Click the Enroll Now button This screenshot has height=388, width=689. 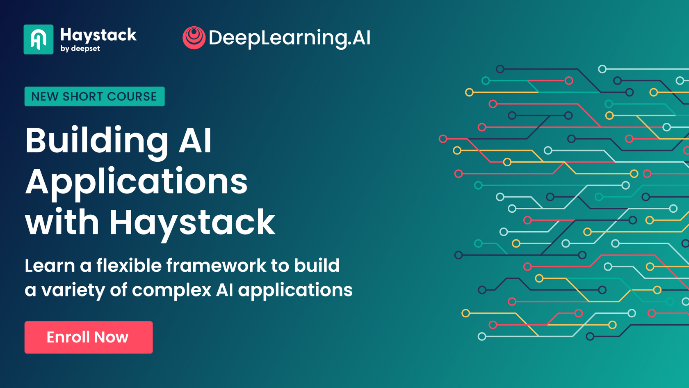pos(89,337)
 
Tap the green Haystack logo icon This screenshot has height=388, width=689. pos(39,39)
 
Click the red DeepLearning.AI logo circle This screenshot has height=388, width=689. pos(194,38)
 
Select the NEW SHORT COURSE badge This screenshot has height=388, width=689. pos(94,96)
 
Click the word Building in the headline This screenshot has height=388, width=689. pos(97,141)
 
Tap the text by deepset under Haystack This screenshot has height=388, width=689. pos(80,48)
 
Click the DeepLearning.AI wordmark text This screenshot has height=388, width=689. pos(290,38)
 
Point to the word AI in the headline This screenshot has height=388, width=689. pos(195,141)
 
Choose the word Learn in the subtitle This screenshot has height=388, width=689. pos(50,266)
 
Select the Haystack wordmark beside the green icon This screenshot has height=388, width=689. pos(98,35)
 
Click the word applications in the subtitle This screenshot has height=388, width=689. pos(295,290)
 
